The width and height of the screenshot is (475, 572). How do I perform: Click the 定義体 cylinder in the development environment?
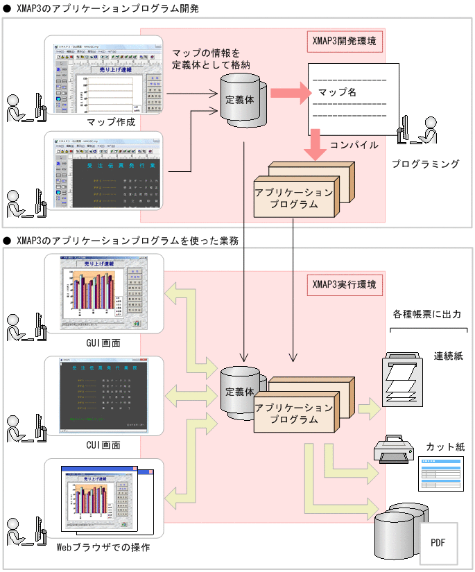[241, 99]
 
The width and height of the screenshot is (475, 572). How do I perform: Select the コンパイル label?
[354, 146]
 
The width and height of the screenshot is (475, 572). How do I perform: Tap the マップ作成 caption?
[111, 123]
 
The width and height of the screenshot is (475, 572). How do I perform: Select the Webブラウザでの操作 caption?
[103, 548]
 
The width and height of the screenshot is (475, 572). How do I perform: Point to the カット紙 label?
[446, 447]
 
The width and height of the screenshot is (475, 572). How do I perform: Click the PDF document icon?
[438, 543]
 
